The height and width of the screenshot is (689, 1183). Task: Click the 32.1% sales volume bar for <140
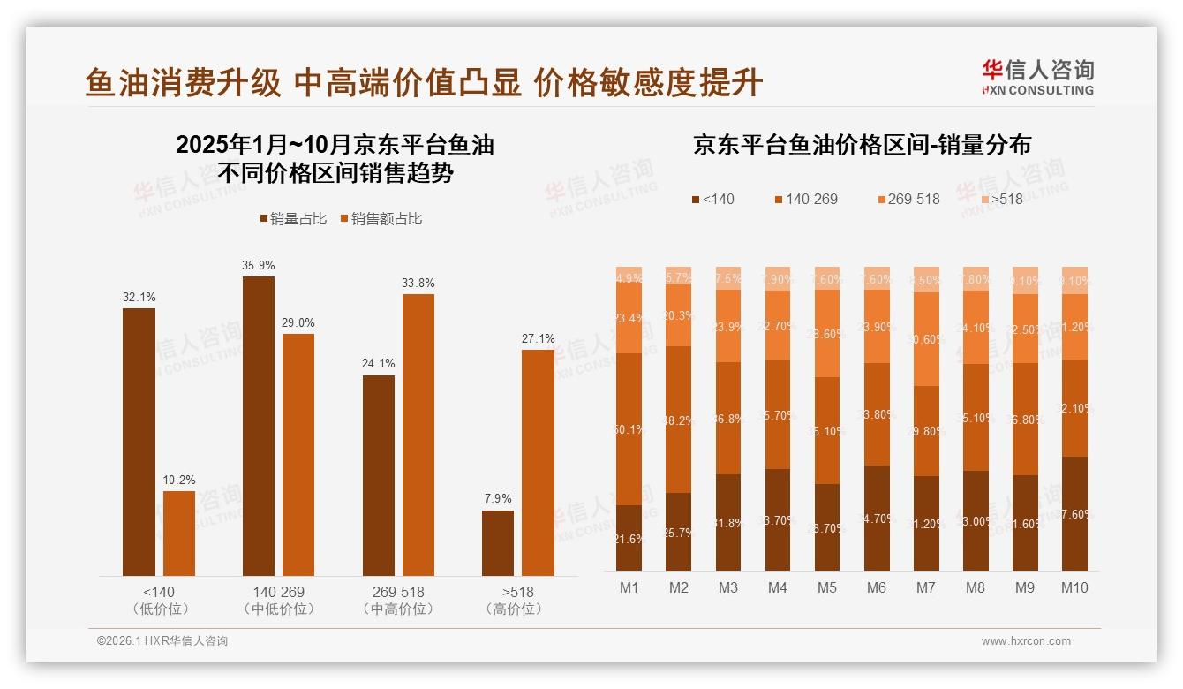pyautogui.click(x=139, y=442)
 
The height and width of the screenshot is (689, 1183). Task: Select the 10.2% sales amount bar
pyautogui.click(x=179, y=534)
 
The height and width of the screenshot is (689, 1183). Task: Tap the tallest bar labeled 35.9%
pyautogui.click(x=258, y=426)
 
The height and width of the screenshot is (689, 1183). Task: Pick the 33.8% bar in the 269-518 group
pyautogui.click(x=418, y=435)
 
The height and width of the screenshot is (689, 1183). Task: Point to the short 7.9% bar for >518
pyautogui.click(x=498, y=543)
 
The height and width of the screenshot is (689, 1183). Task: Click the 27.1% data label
pyautogui.click(x=538, y=338)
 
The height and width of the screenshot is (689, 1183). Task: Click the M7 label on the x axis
pyautogui.click(x=925, y=587)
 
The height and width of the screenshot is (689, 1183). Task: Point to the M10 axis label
pyautogui.click(x=1074, y=587)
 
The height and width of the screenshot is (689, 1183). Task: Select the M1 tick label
pyautogui.click(x=629, y=587)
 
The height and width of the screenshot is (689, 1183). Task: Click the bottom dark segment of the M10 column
pyautogui.click(x=1074, y=513)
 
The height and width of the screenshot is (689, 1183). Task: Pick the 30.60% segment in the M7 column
pyautogui.click(x=926, y=339)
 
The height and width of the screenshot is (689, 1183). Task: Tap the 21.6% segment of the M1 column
pyautogui.click(x=629, y=537)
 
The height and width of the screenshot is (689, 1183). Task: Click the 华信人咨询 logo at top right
pyautogui.click(x=1037, y=77)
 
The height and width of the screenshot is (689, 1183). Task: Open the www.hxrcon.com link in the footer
pyautogui.click(x=1026, y=641)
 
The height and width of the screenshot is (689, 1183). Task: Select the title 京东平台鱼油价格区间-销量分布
pyautogui.click(x=862, y=145)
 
